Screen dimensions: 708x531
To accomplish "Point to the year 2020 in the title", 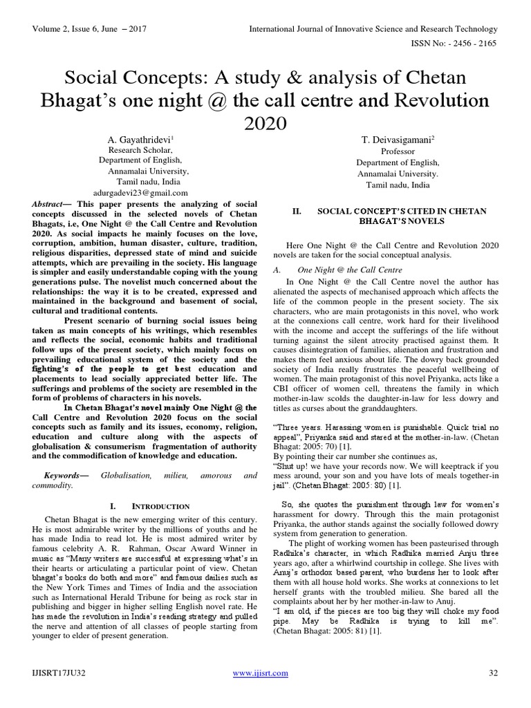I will pos(265,123).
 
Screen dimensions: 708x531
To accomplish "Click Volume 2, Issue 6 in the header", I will pos(64,29).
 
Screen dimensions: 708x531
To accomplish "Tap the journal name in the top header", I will pos(373,29).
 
